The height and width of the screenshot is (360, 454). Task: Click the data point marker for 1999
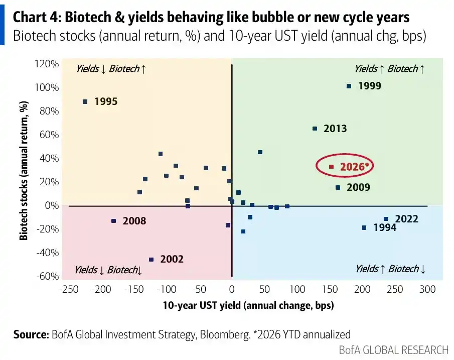[x=349, y=86]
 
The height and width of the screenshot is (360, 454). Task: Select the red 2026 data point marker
[x=332, y=167]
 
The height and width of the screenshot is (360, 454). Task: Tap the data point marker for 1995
[x=85, y=102]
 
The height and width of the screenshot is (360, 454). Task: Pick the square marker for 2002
[x=151, y=260]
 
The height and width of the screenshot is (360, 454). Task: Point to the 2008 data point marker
[x=114, y=221]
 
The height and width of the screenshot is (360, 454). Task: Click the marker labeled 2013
[x=315, y=129]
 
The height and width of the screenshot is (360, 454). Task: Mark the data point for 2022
[x=386, y=219]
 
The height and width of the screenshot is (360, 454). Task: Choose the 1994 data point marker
[x=364, y=228]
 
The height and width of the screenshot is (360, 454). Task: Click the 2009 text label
[x=359, y=187]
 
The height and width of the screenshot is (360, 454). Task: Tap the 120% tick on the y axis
[x=47, y=64]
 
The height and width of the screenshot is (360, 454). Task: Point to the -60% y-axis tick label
[x=48, y=276]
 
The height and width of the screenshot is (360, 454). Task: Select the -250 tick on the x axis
[x=69, y=289]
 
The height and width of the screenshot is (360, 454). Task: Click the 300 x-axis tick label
[x=427, y=289]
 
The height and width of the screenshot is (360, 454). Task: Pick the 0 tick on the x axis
[x=232, y=289]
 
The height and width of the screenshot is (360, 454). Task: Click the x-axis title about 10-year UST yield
[x=248, y=305]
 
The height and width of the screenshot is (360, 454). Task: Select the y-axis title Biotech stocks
[x=24, y=171]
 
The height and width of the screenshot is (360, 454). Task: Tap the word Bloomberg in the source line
[x=225, y=334]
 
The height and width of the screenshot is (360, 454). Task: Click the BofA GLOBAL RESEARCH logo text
[x=393, y=350]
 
